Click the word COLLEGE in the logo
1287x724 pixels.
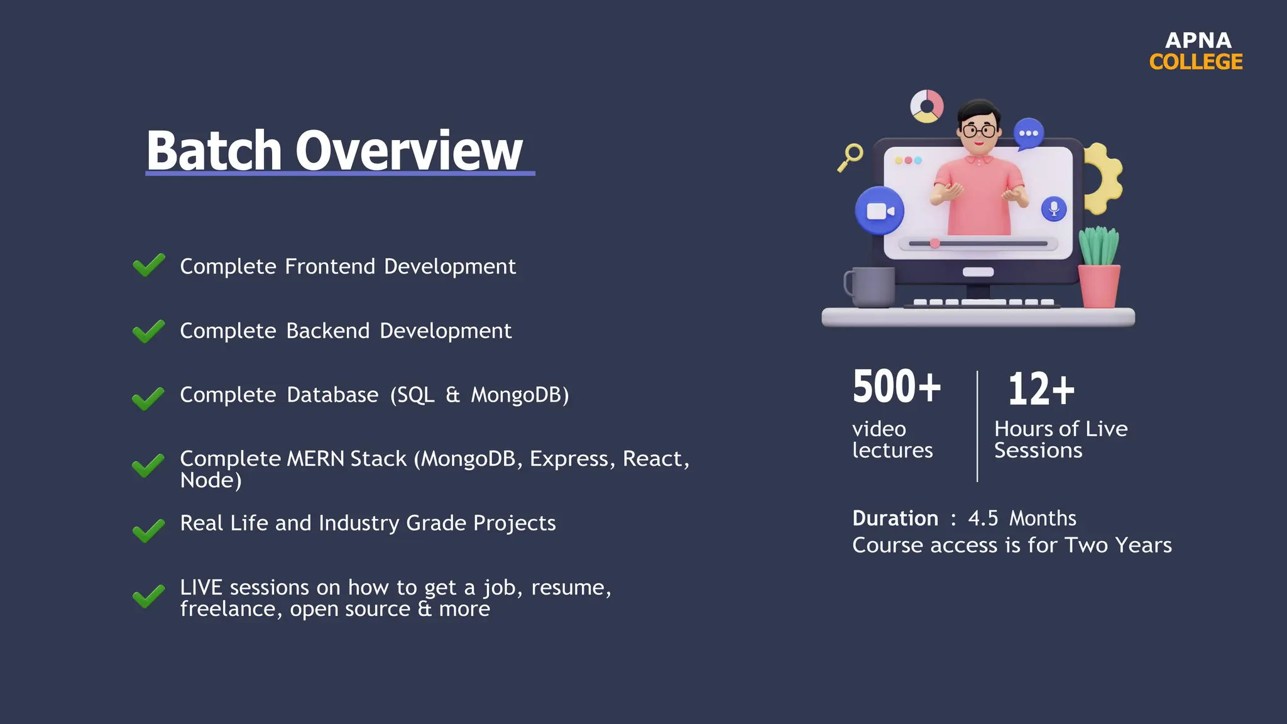pyautogui.click(x=1196, y=62)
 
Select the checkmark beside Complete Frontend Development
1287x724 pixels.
pyautogui.click(x=149, y=265)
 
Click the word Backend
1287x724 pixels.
pyautogui.click(x=328, y=331)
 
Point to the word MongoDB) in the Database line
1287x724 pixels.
pyautogui.click(x=520, y=395)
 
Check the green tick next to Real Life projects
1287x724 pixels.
pyautogui.click(x=149, y=531)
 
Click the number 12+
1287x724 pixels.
pyautogui.click(x=1041, y=389)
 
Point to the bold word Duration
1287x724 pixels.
pyautogui.click(x=895, y=518)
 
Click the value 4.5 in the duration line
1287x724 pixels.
pyautogui.click(x=983, y=518)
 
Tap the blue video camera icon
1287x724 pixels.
pyautogui.click(x=880, y=211)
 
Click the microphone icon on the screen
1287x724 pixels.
pyautogui.click(x=1054, y=209)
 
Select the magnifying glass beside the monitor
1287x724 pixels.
pyautogui.click(x=851, y=156)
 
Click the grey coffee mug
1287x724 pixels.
pyautogui.click(x=871, y=287)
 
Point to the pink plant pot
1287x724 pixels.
pyautogui.click(x=1098, y=286)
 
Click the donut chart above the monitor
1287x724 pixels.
pyautogui.click(x=927, y=106)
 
